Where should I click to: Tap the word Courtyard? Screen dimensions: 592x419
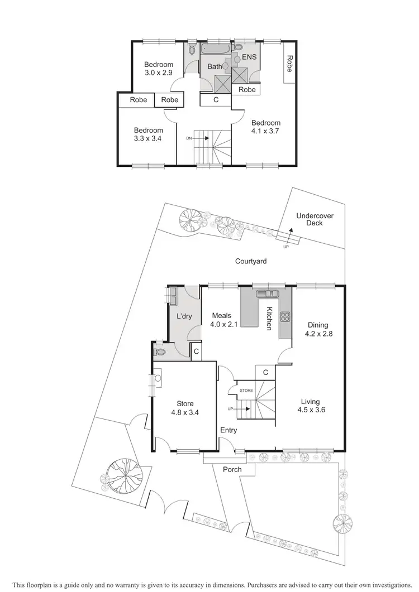[x=250, y=261]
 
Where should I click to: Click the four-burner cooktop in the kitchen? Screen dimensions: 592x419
[x=285, y=316]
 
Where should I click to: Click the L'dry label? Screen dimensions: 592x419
[x=184, y=316]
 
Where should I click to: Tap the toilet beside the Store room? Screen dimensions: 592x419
[x=160, y=353]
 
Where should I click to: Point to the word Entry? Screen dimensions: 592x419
[x=228, y=430]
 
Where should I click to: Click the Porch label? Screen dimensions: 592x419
[x=232, y=469]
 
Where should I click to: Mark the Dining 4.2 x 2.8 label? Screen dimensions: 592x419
[x=317, y=329]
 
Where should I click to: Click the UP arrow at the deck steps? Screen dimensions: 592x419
[x=290, y=233]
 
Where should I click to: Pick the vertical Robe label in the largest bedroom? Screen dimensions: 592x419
[x=289, y=64]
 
